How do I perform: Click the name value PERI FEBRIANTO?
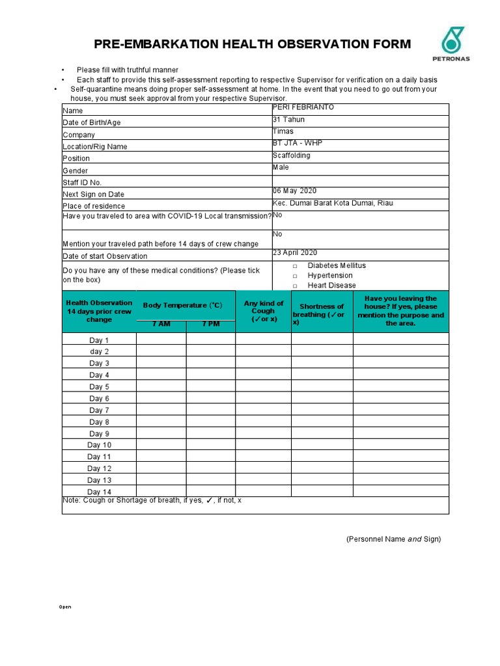click(303, 107)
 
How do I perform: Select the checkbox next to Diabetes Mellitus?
click(295, 266)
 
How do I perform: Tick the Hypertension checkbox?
click(295, 276)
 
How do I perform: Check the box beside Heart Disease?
click(295, 286)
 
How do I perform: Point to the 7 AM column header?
click(161, 324)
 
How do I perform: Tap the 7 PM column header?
click(210, 324)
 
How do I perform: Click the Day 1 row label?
click(99, 340)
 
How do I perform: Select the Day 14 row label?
click(99, 492)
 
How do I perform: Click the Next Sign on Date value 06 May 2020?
click(294, 191)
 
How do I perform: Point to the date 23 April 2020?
click(295, 253)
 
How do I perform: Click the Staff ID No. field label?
click(82, 183)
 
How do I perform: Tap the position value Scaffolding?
click(291, 155)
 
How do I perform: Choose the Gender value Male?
click(281, 167)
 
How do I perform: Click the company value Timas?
click(283, 131)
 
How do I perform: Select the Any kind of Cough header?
click(264, 311)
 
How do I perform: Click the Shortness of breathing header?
click(322, 311)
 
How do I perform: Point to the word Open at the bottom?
click(65, 607)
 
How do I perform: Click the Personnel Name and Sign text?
click(393, 539)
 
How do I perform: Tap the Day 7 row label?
click(99, 410)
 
